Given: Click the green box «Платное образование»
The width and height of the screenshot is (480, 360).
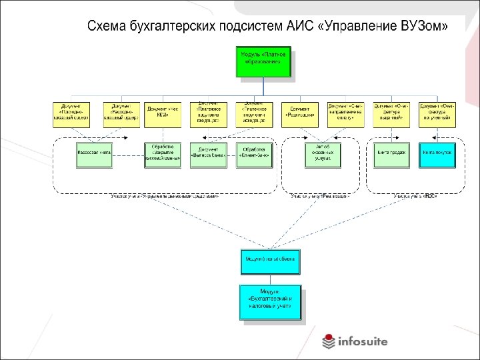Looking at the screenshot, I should pos(263,61).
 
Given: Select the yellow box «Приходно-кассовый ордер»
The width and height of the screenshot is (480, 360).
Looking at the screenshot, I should pos(71,114).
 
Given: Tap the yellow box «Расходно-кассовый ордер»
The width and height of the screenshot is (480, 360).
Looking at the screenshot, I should pos(121,114).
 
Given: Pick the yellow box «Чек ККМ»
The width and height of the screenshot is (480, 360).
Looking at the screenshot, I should pos(163,114).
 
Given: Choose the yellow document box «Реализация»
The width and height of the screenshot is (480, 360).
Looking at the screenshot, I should pos(300,114).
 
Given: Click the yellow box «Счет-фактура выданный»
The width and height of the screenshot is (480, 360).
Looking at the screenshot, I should pos(391,114).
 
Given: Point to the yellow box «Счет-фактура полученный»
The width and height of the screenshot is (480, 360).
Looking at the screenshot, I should pos(437,114).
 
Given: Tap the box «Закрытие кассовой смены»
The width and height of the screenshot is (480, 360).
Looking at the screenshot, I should pos(163,153).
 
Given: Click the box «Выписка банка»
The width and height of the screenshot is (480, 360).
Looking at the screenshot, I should pos(208,153).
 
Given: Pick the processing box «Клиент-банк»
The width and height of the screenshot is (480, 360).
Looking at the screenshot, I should pos(255,153).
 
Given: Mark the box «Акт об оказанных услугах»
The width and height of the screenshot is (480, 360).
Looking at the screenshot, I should pos(323,153).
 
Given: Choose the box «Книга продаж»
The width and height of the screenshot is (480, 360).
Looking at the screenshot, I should pos(391,153).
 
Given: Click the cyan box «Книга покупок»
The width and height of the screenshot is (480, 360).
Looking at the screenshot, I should pos(437,153).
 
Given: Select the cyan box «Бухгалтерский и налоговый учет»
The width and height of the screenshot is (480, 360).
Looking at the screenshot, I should pos(271,303).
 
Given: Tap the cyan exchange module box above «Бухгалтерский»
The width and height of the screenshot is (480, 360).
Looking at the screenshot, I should pos(271,261).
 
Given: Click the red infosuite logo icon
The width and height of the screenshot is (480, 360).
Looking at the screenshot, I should pos(329,341).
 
